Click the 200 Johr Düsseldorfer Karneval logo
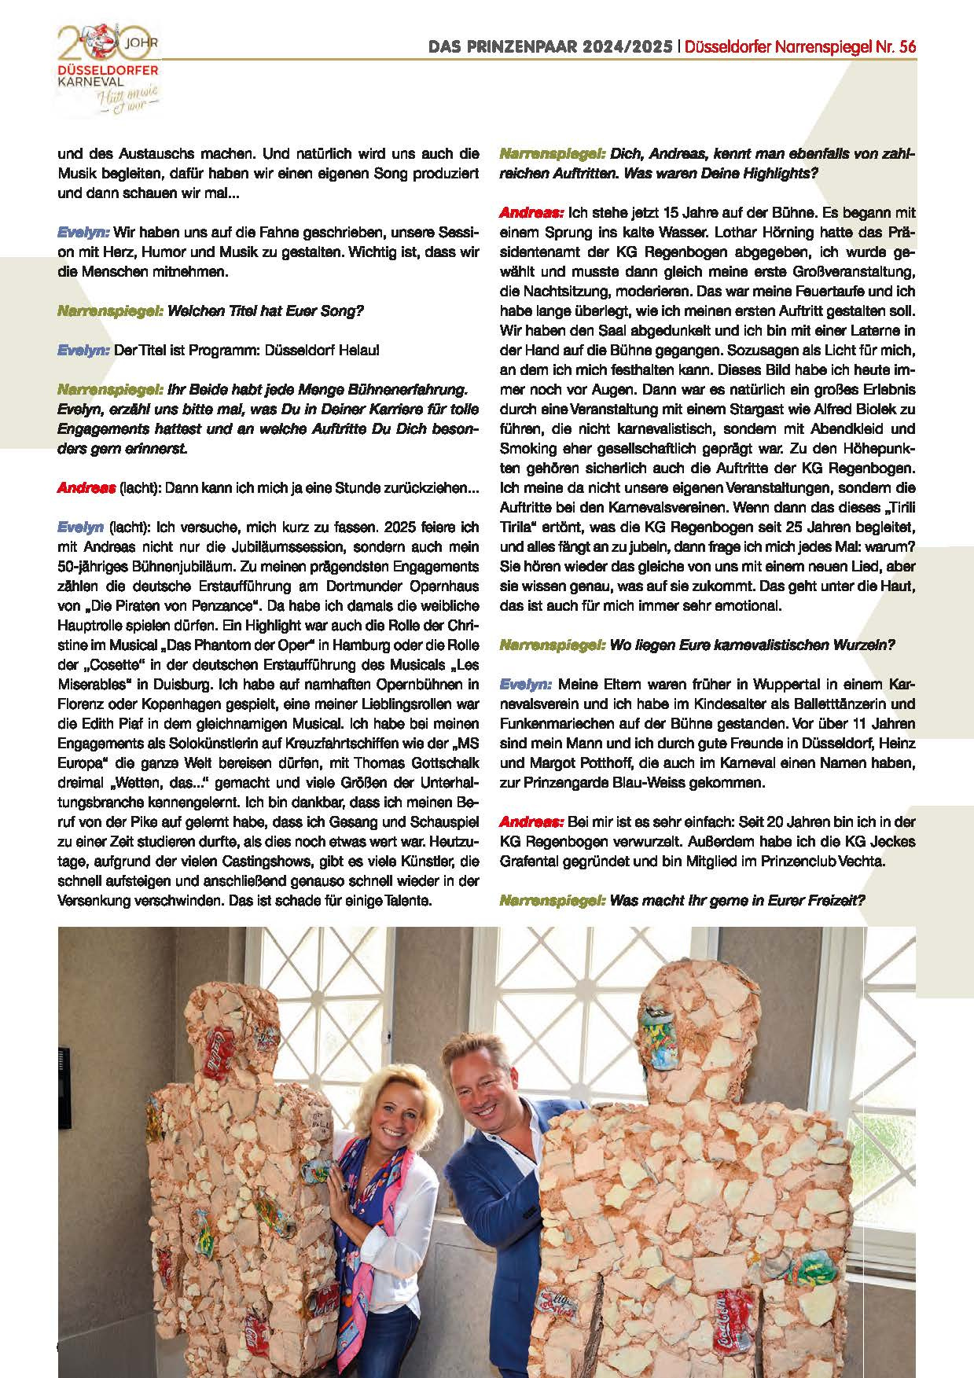[110, 67]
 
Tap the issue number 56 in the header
[907, 47]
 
